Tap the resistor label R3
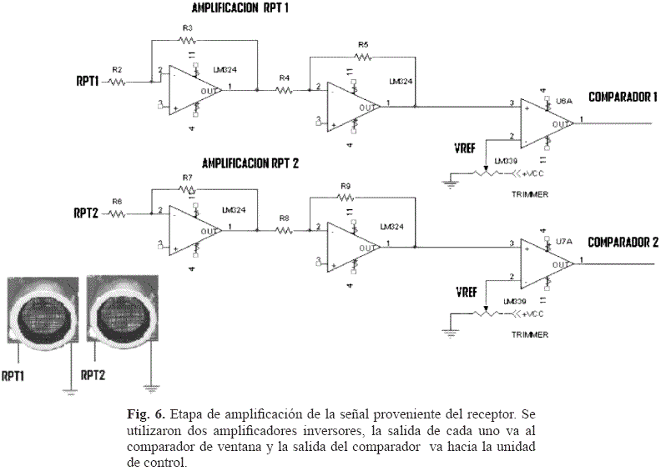pyautogui.click(x=187, y=29)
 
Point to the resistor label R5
pyautogui.click(x=362, y=44)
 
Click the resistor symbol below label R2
pyautogui.click(x=117, y=82)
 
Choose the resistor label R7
pyautogui.click(x=187, y=178)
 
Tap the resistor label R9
pyautogui.click(x=346, y=186)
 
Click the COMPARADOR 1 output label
pyautogui.click(x=623, y=97)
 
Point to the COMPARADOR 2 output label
pyautogui.click(x=623, y=243)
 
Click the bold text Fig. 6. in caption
pyautogui.click(x=147, y=413)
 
